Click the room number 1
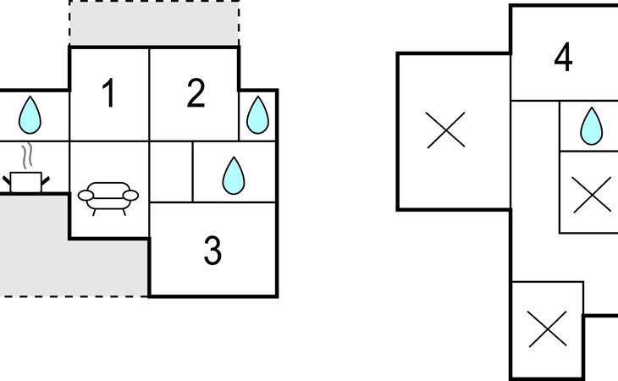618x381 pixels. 109,92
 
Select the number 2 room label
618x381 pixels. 196,92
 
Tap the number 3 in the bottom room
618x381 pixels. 212,251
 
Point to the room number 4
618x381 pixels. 563,57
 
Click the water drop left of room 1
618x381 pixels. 30,115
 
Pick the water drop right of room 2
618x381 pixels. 257,115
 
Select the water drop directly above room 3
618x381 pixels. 234,176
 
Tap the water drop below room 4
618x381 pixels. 591,126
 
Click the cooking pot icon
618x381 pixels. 26,182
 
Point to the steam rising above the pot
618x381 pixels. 27,156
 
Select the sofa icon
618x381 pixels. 108,199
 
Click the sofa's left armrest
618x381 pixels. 86,196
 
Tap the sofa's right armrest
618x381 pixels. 131,196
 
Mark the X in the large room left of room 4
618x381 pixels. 446,130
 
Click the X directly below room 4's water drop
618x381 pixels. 592,195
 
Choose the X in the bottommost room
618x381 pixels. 547,329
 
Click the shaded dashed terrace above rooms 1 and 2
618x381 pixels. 154,23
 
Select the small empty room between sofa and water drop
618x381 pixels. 171,172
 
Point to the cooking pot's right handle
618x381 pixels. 46,181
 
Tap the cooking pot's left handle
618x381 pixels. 7,181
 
